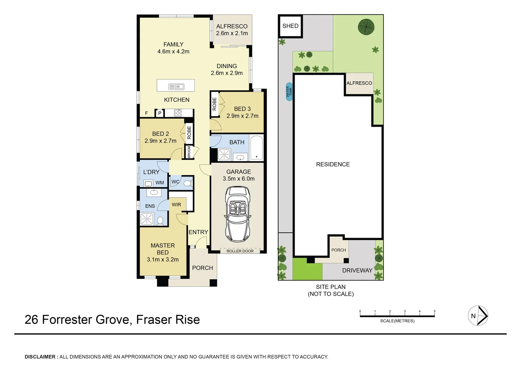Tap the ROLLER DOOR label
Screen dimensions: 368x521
click(x=240, y=251)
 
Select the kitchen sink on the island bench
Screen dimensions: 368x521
click(x=176, y=87)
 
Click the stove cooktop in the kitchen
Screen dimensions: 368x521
click(x=178, y=113)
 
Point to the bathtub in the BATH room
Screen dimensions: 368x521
click(x=256, y=148)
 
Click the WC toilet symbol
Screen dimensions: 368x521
click(x=187, y=183)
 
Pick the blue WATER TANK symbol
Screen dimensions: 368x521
click(x=289, y=91)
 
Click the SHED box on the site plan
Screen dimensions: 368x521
click(x=291, y=26)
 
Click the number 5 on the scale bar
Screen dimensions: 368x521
click(x=434, y=311)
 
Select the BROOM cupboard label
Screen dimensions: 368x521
click(x=189, y=152)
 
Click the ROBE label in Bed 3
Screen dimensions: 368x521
click(x=214, y=104)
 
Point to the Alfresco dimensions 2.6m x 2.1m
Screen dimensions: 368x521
click(x=232, y=33)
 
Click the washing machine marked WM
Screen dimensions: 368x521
click(x=148, y=184)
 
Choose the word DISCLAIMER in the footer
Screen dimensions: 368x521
click(x=40, y=357)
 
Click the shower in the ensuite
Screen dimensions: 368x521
click(x=147, y=219)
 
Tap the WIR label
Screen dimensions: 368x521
click(x=176, y=205)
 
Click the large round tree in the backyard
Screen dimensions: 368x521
click(x=366, y=27)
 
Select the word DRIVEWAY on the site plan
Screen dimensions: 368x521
click(x=357, y=271)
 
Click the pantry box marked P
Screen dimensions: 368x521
click(x=160, y=113)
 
